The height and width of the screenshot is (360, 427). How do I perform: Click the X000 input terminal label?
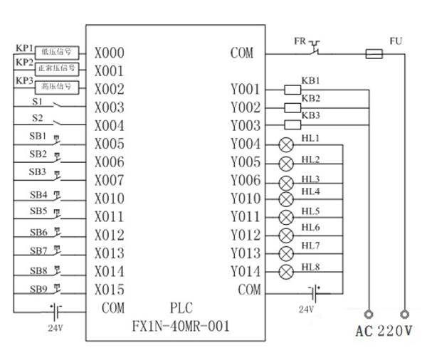coord(109,53)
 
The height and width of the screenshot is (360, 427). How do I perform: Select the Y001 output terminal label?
coord(246,90)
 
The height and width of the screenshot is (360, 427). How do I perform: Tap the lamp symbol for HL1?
coord(287,144)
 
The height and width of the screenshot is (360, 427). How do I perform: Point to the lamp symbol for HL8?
coord(287,271)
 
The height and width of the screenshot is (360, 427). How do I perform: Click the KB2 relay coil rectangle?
coord(292,107)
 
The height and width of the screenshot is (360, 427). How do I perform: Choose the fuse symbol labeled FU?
coord(375,53)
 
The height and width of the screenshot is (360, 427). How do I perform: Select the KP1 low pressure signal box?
coord(58,53)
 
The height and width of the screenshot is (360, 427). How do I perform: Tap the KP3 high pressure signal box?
coord(58,87)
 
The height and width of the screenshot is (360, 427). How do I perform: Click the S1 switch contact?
coord(57,107)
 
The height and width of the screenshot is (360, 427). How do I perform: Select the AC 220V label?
coord(384,331)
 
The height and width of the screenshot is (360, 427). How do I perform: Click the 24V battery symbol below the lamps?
coord(312,291)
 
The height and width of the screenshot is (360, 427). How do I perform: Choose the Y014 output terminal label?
coord(246,271)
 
